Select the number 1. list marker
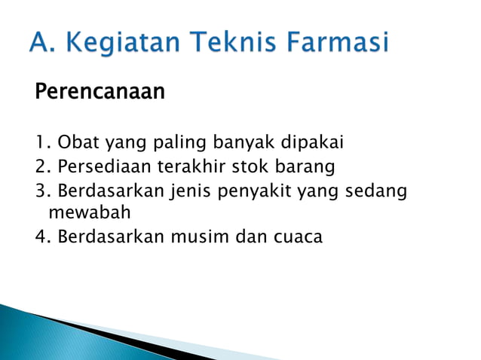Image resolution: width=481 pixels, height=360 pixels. click(x=43, y=142)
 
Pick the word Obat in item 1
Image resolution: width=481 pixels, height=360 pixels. click(x=75, y=142)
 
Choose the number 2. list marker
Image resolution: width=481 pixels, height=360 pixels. click(x=43, y=166)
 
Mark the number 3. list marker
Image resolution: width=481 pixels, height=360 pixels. click(x=43, y=190)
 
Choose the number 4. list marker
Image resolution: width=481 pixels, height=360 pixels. click(x=43, y=236)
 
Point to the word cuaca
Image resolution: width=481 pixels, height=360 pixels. click(x=295, y=237)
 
